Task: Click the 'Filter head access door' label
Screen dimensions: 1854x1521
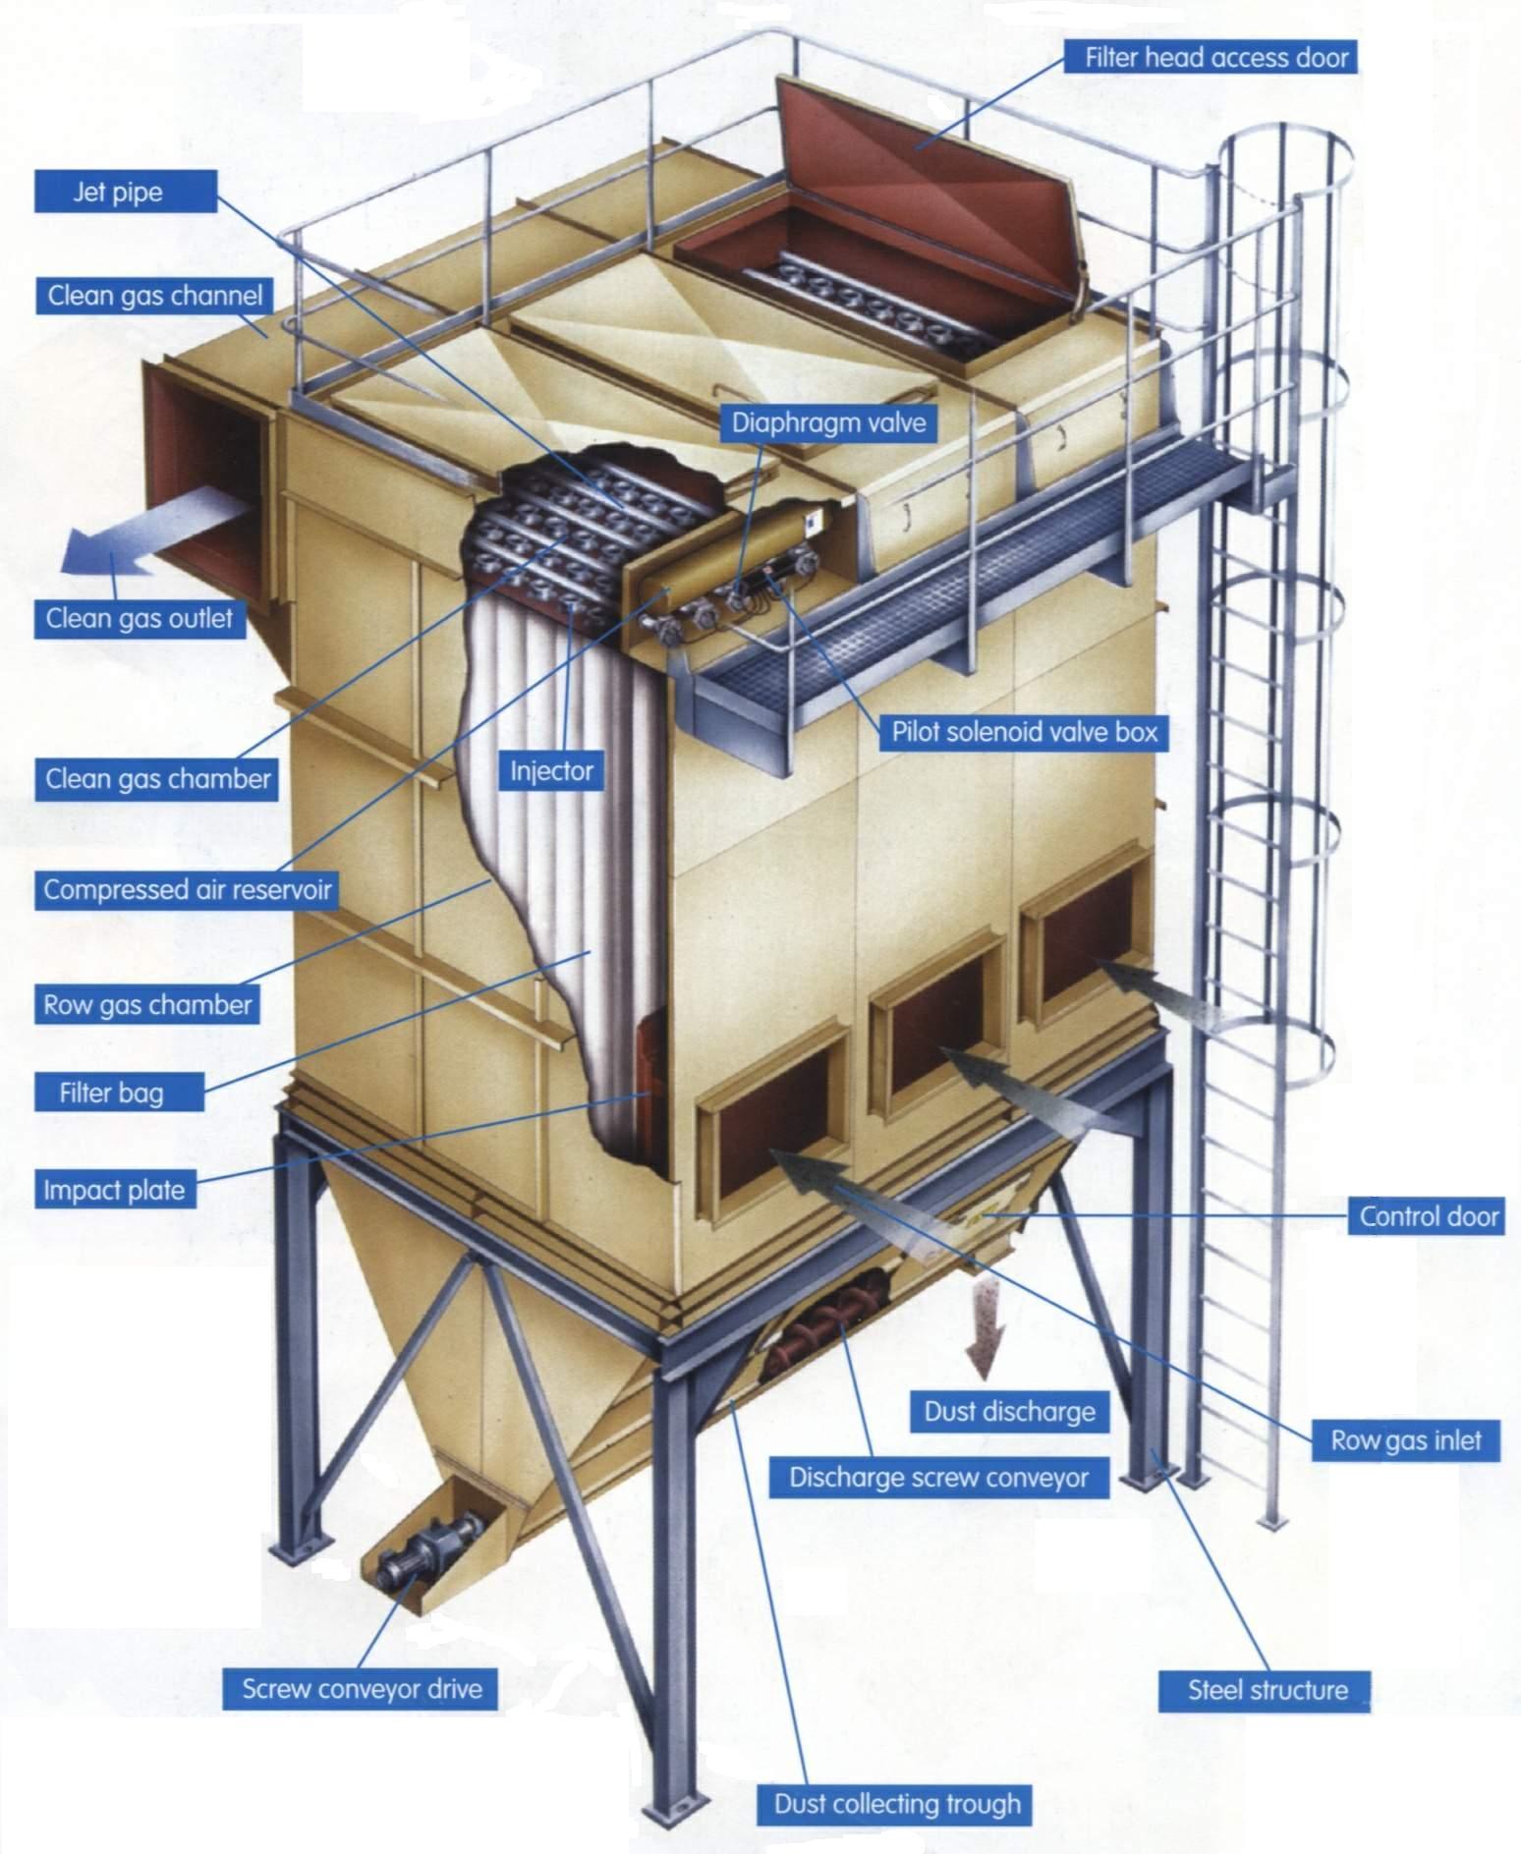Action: point(1215,58)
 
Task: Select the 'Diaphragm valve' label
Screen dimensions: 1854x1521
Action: point(829,422)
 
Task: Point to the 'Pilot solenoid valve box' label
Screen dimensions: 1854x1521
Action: point(1025,731)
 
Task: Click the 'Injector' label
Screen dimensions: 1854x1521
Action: point(551,771)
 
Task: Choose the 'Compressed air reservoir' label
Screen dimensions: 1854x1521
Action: point(188,890)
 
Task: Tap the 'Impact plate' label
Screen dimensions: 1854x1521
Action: point(114,1191)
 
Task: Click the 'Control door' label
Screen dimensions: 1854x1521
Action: point(1429,1216)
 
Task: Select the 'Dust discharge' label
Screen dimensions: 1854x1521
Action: point(1009,1412)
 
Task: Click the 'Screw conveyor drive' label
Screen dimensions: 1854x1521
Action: point(362,1689)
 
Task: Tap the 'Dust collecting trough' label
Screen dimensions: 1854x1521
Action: point(897,1804)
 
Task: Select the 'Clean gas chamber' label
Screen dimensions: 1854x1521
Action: point(157,779)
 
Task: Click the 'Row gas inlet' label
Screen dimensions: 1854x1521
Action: point(1406,1441)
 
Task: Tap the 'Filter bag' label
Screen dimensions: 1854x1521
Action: point(111,1093)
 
